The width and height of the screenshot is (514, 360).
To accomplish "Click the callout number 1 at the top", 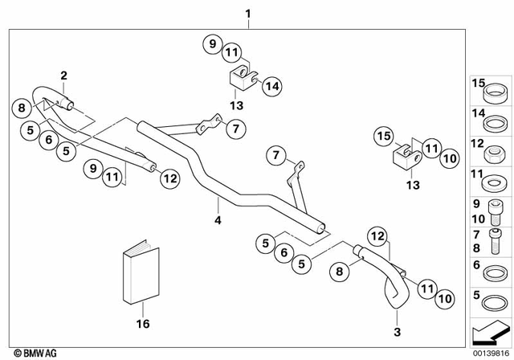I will point(247,14).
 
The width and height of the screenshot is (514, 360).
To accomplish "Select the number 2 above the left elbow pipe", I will point(63,76).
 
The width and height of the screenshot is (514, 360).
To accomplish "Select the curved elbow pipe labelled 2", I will point(48,98).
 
